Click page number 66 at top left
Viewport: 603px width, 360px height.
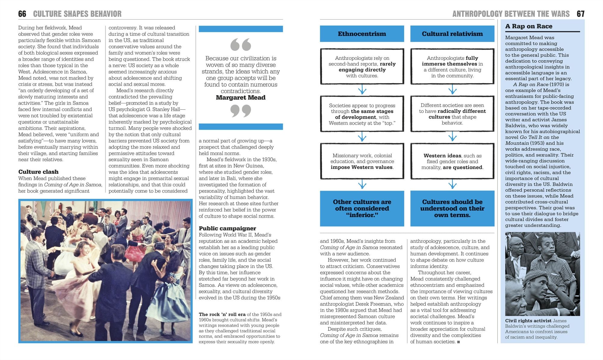[x=22, y=14]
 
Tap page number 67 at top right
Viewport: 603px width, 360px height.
[x=580, y=14]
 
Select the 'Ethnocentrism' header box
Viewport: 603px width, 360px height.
[x=362, y=34]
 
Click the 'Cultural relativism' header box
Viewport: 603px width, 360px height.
[x=452, y=34]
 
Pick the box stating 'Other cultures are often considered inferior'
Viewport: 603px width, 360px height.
[x=362, y=208]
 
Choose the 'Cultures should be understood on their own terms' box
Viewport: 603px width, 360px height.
[x=452, y=208]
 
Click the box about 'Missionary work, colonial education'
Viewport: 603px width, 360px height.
[x=362, y=161]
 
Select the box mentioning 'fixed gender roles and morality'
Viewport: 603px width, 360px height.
[x=452, y=161]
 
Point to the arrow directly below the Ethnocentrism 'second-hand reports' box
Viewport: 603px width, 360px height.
[x=362, y=90]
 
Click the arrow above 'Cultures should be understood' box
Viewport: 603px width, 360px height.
[x=452, y=184]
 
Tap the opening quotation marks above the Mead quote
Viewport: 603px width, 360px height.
[x=241, y=45]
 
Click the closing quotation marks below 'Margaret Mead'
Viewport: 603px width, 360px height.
[x=241, y=111]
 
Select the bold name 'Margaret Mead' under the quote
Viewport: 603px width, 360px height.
[x=241, y=98]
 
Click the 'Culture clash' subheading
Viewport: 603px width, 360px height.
[x=38, y=172]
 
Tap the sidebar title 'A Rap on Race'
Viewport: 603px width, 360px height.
[x=529, y=26]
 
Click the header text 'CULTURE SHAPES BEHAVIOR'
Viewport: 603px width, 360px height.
[x=77, y=14]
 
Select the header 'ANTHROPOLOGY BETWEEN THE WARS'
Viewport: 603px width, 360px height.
[x=511, y=14]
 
